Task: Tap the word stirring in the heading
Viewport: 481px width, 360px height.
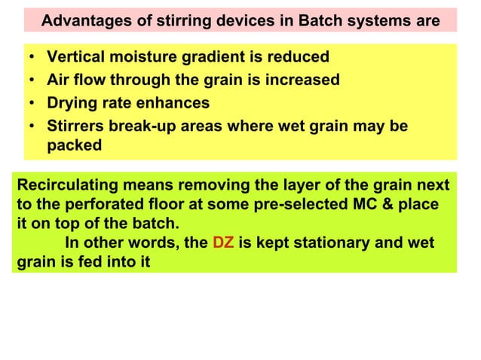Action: (186, 20)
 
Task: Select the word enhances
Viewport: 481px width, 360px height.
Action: (173, 102)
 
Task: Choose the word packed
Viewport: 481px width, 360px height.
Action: (74, 145)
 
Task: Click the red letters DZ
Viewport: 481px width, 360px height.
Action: (223, 243)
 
